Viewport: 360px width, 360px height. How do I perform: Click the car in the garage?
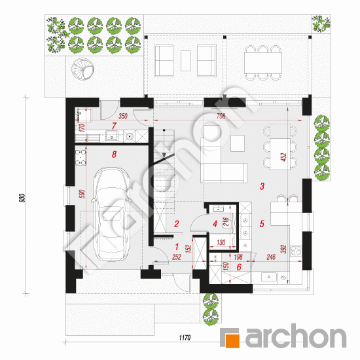111,214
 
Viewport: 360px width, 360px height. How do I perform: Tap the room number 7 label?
114,126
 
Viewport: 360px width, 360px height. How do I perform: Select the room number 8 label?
114,154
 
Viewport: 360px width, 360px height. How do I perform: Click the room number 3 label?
262,186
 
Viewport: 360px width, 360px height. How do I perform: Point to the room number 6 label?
239,267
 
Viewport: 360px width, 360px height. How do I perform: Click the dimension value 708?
221,116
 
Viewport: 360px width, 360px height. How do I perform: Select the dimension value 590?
82,194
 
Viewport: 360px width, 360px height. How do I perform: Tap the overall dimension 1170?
185,338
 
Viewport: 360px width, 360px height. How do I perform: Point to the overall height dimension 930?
22,198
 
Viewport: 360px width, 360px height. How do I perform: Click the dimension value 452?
284,157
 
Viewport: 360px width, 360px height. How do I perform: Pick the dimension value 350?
123,116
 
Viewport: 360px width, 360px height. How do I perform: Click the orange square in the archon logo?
232,341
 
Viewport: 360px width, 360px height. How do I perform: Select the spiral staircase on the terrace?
82,69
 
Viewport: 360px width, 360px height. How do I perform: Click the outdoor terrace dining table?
263,63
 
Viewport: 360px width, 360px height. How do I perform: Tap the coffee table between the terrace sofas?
185,61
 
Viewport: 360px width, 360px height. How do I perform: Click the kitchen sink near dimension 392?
269,277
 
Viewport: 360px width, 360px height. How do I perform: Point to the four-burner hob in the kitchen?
296,251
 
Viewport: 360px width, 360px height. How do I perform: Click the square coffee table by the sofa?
238,143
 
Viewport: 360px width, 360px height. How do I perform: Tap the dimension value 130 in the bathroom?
221,242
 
